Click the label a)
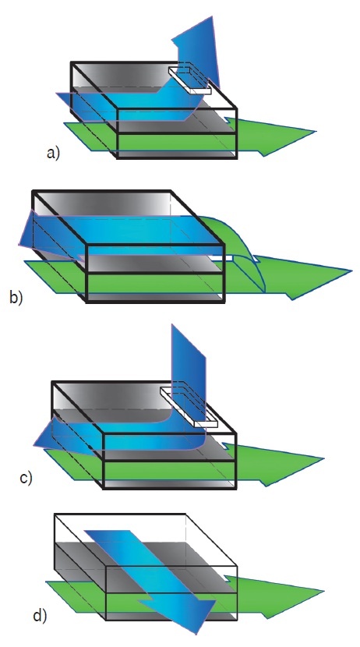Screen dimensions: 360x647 [54, 154]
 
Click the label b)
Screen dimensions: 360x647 [16, 298]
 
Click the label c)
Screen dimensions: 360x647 [26, 478]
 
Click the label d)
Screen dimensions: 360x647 [40, 616]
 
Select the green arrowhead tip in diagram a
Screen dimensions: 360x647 [316, 132]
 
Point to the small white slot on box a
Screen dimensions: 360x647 [189, 80]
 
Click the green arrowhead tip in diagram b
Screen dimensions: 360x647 [351, 271]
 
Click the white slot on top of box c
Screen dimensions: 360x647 [188, 407]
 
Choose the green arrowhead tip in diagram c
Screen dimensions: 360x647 [323, 458]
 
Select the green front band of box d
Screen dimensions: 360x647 [172, 603]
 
